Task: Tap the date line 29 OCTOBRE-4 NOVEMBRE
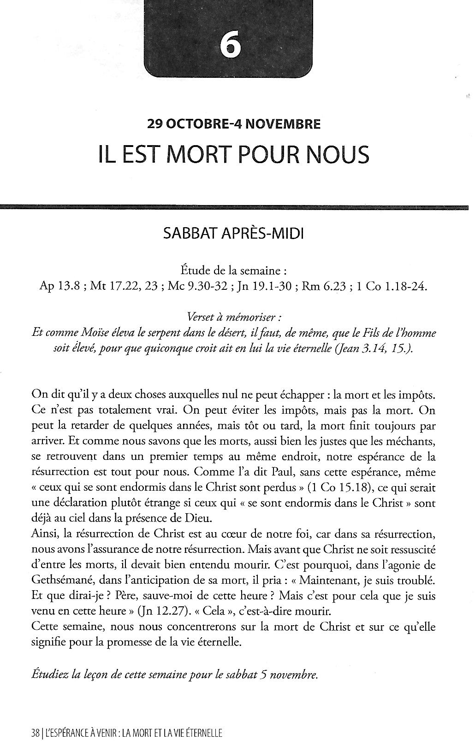pyautogui.click(x=233, y=124)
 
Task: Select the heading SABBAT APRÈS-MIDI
pyautogui.click(x=234, y=234)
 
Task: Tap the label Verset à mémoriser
pyautogui.click(x=234, y=317)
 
